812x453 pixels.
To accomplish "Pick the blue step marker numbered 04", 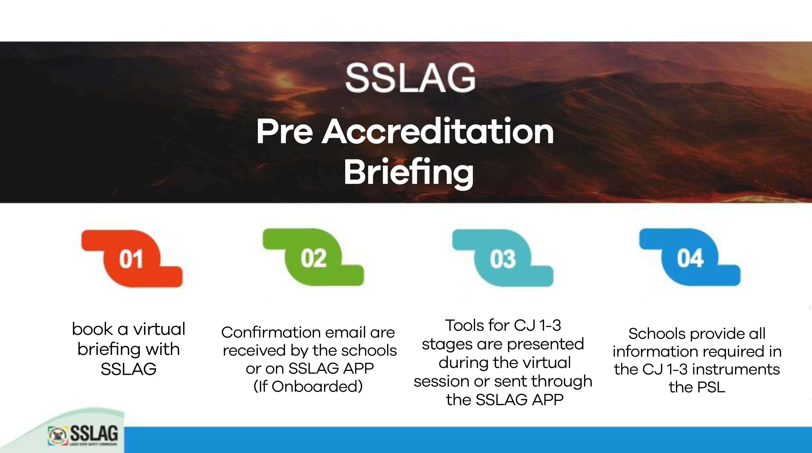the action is pyautogui.click(x=690, y=258).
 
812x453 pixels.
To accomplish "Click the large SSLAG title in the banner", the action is pyautogui.click(x=410, y=78).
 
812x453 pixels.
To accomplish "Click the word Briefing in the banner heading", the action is pyautogui.click(x=409, y=173).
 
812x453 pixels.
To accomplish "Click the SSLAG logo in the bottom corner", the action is pyautogui.click(x=83, y=435).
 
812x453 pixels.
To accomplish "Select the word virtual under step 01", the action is pyautogui.click(x=159, y=329).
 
